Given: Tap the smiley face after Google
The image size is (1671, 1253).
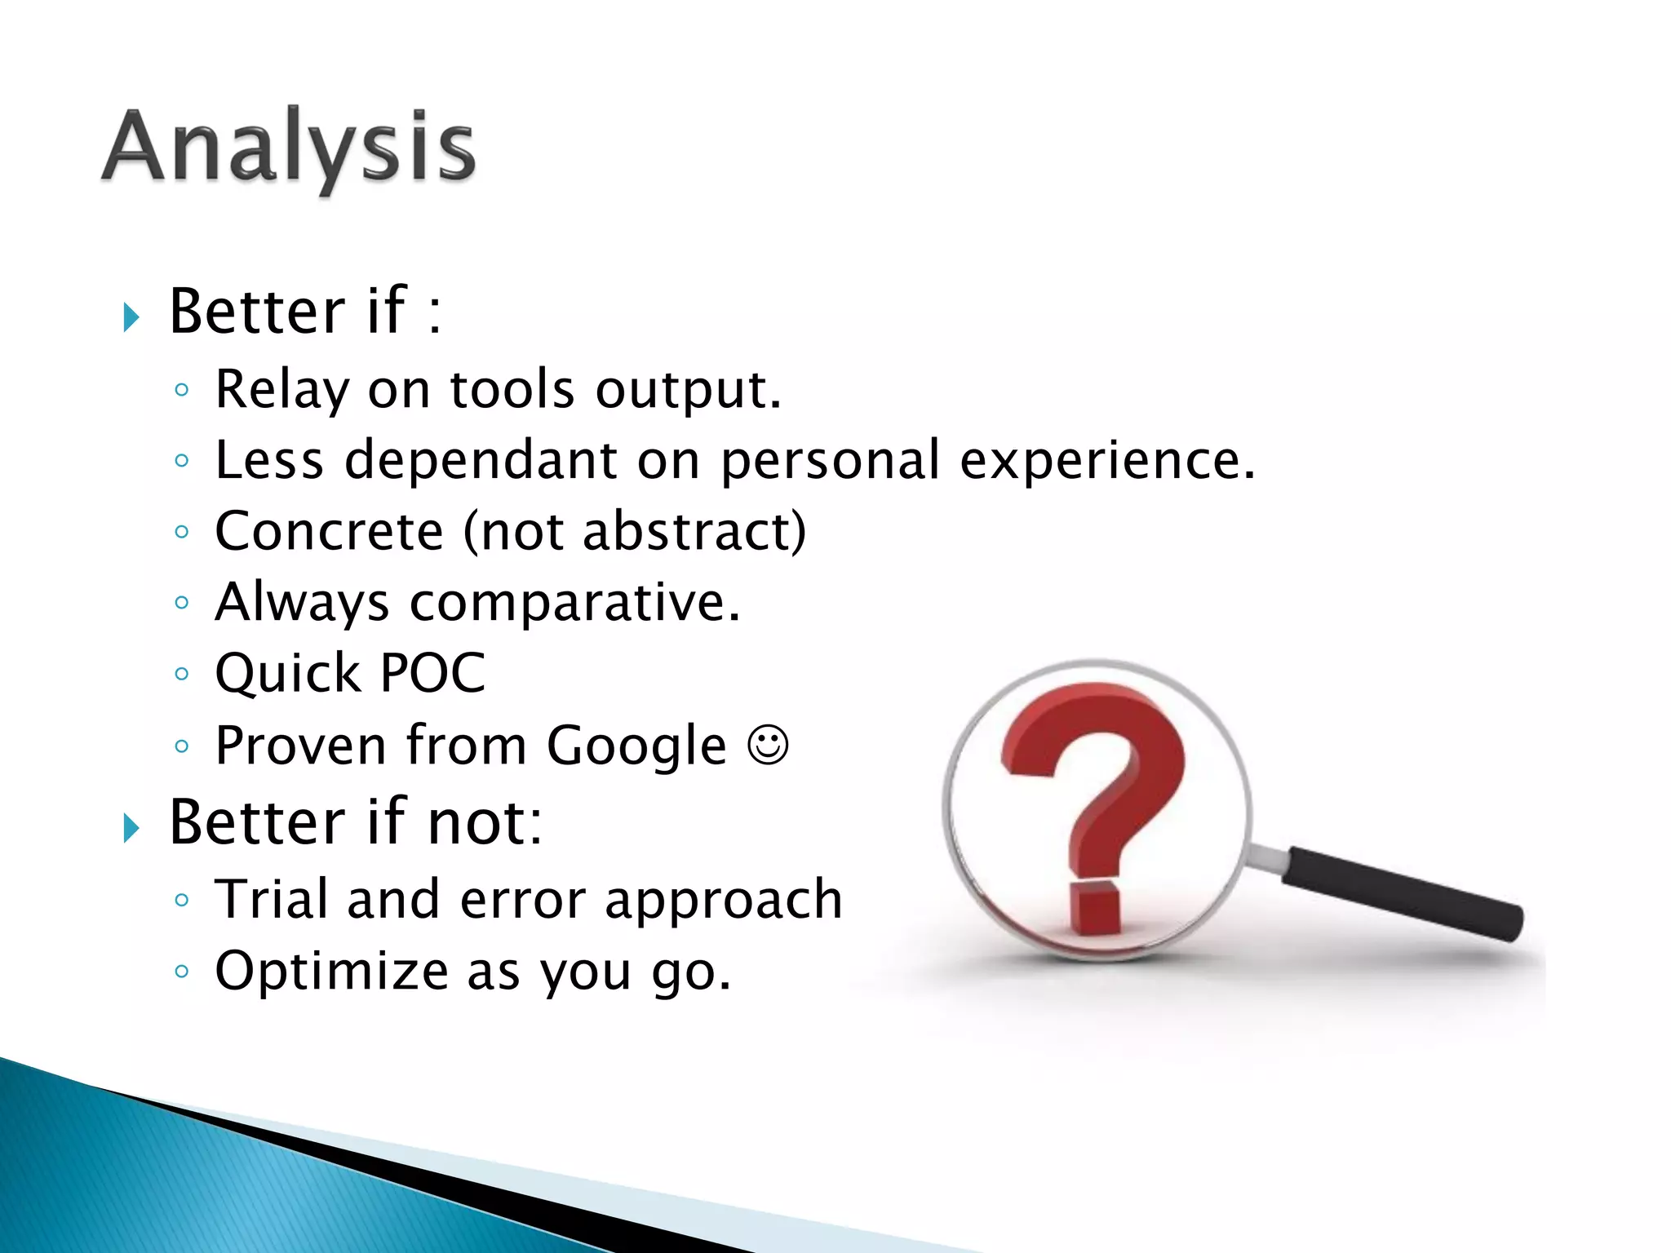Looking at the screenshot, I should [768, 745].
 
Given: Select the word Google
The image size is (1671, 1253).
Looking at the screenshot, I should [636, 746].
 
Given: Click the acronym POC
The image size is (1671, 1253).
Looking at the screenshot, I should [432, 674].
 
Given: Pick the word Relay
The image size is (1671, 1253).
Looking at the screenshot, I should [281, 390].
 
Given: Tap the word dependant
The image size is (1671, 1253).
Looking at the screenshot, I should [481, 460].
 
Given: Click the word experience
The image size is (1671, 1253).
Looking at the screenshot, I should [1106, 462].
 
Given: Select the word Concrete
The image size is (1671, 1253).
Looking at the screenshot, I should [329, 531].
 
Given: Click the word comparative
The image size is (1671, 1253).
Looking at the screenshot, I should [574, 604].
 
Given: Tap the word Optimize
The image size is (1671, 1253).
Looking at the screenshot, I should [331, 971].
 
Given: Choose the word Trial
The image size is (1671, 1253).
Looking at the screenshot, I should [270, 899].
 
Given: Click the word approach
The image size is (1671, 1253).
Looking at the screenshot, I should [723, 901].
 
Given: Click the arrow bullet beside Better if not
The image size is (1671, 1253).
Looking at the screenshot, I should [131, 828].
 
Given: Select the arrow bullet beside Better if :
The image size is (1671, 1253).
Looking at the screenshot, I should [131, 317].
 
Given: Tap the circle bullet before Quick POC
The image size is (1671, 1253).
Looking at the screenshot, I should [182, 674].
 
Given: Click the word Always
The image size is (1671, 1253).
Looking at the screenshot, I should [302, 604].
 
